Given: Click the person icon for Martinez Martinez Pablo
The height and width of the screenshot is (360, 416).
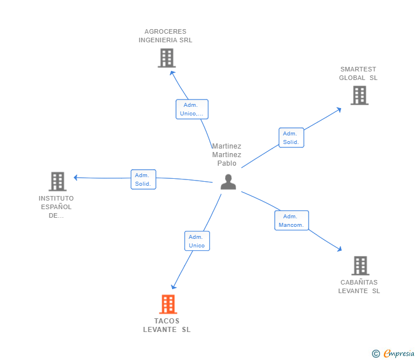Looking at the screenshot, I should pyautogui.click(x=228, y=182).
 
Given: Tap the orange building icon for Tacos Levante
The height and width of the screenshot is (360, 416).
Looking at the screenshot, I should pyautogui.click(x=167, y=304).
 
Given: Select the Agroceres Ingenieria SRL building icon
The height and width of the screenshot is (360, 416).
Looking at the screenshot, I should pyautogui.click(x=166, y=58).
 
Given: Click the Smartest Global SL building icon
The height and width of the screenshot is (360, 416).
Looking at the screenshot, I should pyautogui.click(x=359, y=95).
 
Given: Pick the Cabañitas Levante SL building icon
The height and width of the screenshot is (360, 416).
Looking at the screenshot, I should pyautogui.click(x=359, y=265).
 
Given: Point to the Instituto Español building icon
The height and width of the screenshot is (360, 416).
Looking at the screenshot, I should pyautogui.click(x=57, y=181).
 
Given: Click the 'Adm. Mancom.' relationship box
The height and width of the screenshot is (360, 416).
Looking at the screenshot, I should pyautogui.click(x=291, y=221).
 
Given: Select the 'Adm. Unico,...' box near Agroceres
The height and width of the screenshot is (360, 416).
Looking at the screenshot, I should pyautogui.click(x=191, y=109).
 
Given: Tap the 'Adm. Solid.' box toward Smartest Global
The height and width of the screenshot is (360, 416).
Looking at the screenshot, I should pyautogui.click(x=291, y=138).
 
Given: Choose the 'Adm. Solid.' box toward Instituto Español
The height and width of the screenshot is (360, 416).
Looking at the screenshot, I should pyautogui.click(x=143, y=179).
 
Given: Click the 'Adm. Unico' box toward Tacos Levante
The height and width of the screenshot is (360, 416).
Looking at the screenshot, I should pyautogui.click(x=197, y=241).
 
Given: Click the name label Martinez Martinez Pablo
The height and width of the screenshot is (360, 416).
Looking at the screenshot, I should pyautogui.click(x=227, y=155).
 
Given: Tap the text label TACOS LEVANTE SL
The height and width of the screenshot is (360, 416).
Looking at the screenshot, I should pyautogui.click(x=167, y=325).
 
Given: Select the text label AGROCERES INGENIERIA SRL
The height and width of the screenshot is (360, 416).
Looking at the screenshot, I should pyautogui.click(x=166, y=36).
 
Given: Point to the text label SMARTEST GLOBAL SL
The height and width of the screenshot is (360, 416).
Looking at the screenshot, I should pyautogui.click(x=358, y=74).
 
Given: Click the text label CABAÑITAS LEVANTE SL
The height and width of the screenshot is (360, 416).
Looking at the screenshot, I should pyautogui.click(x=359, y=286).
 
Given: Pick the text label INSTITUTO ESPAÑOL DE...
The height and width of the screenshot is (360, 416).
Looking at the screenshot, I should pyautogui.click(x=56, y=207).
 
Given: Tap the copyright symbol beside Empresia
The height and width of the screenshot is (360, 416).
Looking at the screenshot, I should pyautogui.click(x=375, y=354).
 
